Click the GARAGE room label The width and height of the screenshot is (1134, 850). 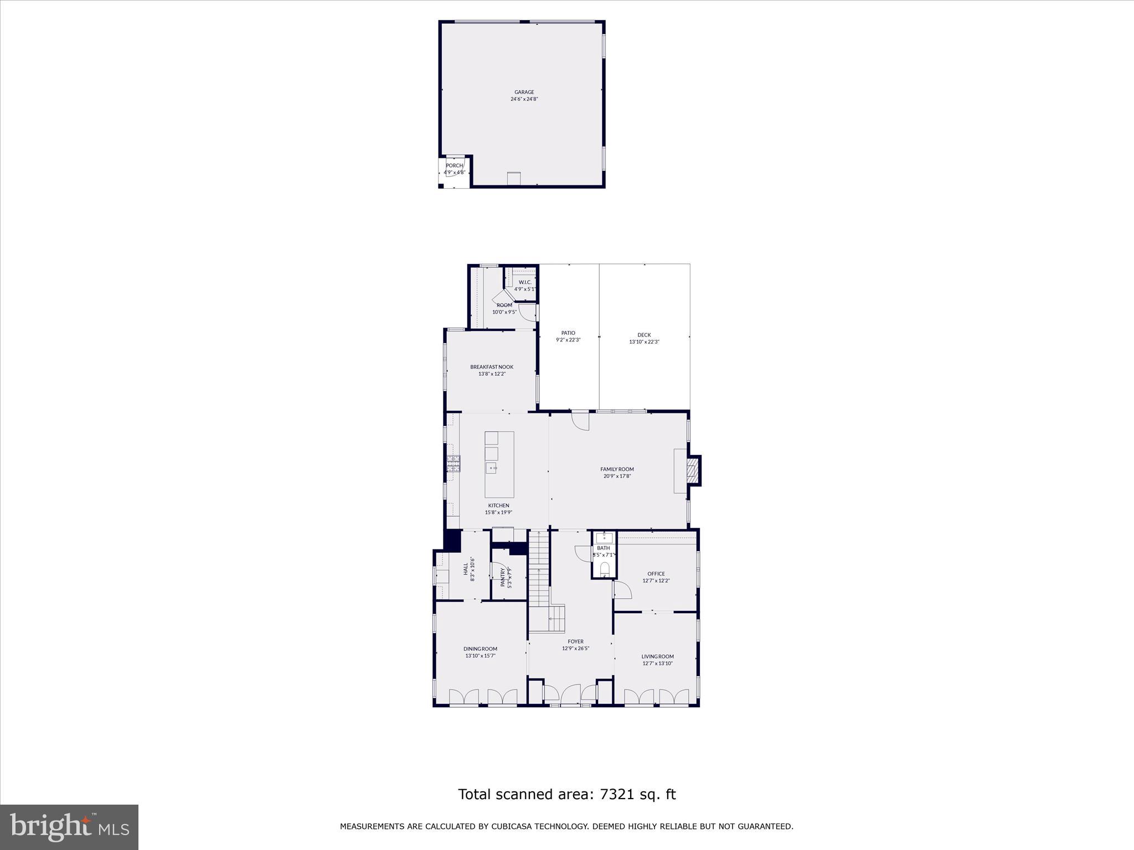[x=524, y=92]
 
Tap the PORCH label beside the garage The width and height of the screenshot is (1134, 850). [x=454, y=165]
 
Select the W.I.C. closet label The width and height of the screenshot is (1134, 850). [x=525, y=282]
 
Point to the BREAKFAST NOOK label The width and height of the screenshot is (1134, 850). [x=492, y=367]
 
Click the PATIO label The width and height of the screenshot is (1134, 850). [x=568, y=333]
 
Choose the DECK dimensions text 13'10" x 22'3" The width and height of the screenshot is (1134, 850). [x=644, y=342]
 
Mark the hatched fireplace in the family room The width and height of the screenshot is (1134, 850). [x=692, y=470]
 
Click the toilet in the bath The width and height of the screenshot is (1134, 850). [x=604, y=569]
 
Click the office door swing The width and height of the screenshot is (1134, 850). [x=623, y=590]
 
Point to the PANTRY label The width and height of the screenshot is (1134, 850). [x=503, y=578]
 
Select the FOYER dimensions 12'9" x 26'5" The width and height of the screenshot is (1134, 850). [x=575, y=649]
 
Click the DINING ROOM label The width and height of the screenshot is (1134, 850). [x=480, y=649]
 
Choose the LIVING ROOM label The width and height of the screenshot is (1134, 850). [x=657, y=656]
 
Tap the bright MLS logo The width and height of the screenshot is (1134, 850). [x=69, y=826]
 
